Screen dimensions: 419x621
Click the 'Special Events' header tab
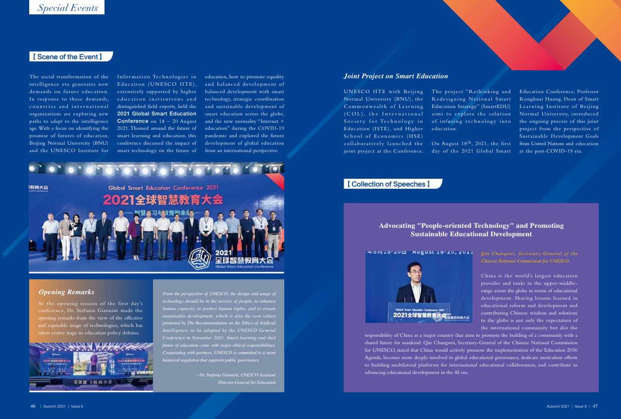point(67,8)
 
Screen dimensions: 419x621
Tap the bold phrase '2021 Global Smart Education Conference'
point(156,117)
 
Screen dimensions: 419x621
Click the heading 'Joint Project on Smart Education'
point(396,76)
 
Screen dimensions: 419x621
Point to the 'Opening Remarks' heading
point(66,292)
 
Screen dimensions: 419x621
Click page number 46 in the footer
point(33,406)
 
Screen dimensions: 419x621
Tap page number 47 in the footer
point(595,406)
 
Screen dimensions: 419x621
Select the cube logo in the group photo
point(200,258)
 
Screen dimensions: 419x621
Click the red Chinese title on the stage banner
point(163,201)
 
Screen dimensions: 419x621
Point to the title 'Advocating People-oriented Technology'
point(471,230)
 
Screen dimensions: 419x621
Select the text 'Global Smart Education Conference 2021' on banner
point(163,188)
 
